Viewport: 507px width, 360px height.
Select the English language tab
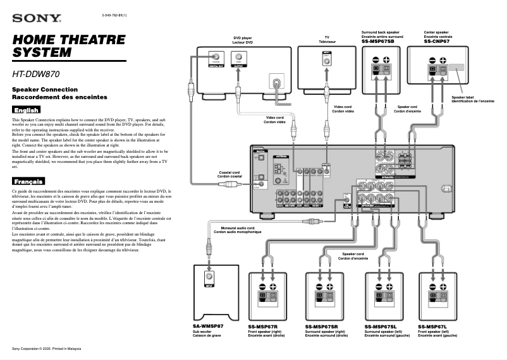point(26,111)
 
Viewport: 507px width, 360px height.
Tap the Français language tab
point(28,181)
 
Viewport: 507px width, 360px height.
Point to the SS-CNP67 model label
point(436,41)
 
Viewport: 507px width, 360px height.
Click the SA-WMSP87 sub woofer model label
point(208,326)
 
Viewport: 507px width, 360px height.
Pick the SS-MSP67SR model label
point(321,326)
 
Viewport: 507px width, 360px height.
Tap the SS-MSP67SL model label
point(380,326)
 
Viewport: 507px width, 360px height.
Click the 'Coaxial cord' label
point(229,172)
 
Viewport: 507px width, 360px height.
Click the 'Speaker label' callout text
point(463,97)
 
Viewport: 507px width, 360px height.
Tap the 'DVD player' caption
point(242,38)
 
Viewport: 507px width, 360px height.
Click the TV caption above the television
point(327,38)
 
